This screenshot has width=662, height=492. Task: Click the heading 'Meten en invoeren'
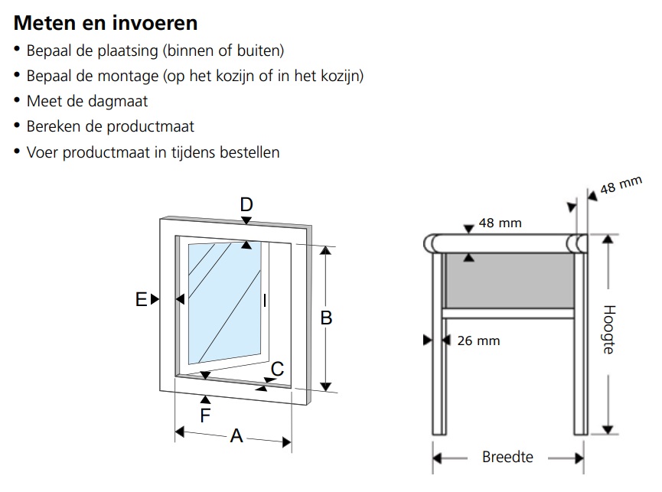(x=106, y=23)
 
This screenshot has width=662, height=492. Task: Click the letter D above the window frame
(x=246, y=204)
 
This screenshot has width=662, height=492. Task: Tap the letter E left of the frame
(x=141, y=300)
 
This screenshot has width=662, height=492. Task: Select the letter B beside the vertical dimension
(x=326, y=317)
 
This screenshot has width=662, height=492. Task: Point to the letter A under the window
(x=236, y=436)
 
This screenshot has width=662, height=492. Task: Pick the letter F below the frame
(x=205, y=415)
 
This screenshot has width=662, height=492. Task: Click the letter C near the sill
(x=277, y=369)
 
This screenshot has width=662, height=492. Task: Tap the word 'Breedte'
(x=507, y=458)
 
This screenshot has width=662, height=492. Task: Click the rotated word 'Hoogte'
(x=609, y=330)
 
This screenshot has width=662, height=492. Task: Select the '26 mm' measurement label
(x=478, y=340)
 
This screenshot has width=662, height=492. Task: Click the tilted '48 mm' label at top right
(x=620, y=186)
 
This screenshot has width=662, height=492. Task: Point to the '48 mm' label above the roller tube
(x=500, y=223)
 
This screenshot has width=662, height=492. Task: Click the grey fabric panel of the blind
(x=509, y=279)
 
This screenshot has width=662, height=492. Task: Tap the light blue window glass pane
(x=222, y=298)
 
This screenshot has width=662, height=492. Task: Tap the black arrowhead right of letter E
(x=155, y=299)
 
